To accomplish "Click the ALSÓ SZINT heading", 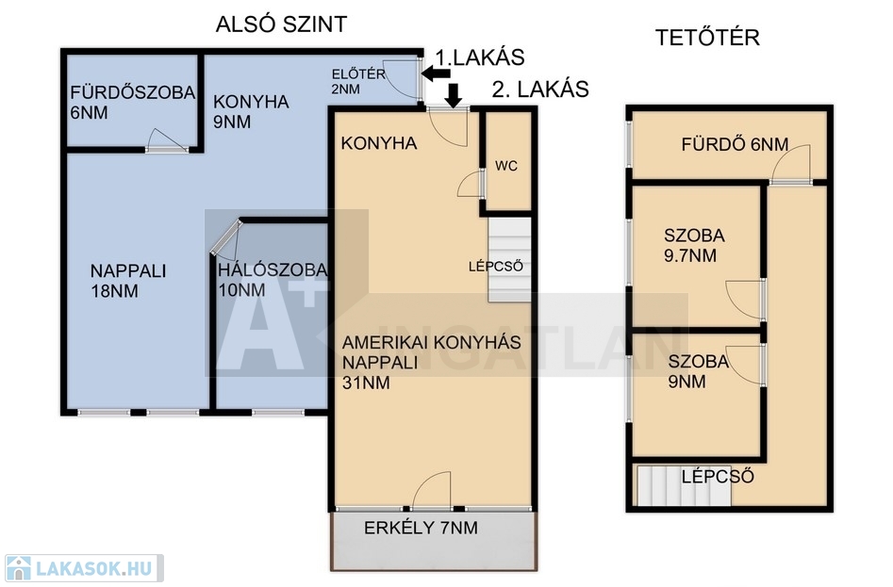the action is pos(281,24).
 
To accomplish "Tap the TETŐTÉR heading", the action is pos(707,38).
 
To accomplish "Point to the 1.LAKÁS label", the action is pos(480,57).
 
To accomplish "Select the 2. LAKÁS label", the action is pos(540,90).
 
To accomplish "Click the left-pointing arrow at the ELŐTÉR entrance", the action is pos(436,73).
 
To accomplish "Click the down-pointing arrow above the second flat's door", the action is pos(454,95).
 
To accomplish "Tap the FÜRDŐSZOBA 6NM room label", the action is pos(133,103).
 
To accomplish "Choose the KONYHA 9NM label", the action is pos(251,111).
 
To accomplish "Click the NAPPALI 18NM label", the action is pos(128,281).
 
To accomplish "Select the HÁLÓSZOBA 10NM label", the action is pos(273,279).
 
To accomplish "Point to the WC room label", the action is pos(506,166).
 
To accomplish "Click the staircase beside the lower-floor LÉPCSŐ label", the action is pos(510,260).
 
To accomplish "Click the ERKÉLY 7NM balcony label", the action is pos(421,528).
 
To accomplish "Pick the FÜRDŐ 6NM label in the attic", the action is pos(735,144).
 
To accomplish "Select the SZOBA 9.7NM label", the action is pos(694,245).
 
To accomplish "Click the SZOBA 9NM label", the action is pos(698,371).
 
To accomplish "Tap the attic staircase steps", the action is pos(684,486).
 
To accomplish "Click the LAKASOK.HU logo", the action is pos(84,567).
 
